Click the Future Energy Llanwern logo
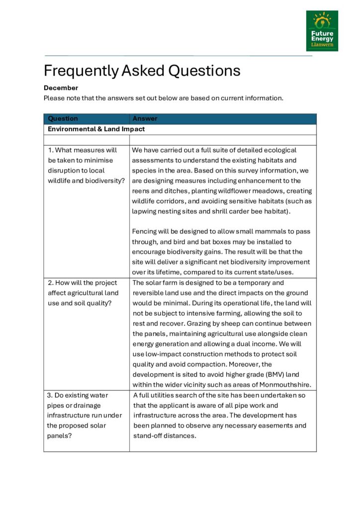[x=322, y=31]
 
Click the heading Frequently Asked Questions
[x=142, y=71]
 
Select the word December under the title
[x=61, y=88]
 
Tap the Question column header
[x=63, y=119]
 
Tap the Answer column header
[x=145, y=119]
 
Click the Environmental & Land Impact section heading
[x=96, y=129]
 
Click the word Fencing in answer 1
[x=145, y=232]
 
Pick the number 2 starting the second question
[x=50, y=283]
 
